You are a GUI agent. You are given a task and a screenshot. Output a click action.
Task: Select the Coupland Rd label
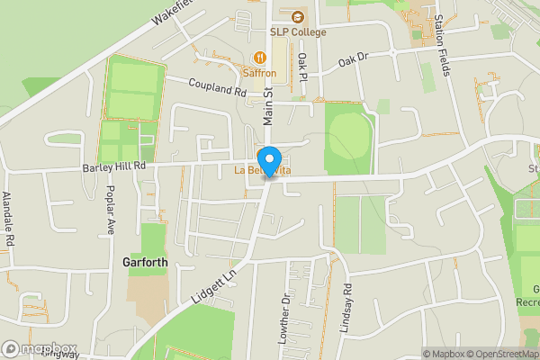217,87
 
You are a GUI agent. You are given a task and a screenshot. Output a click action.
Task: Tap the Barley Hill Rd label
114,166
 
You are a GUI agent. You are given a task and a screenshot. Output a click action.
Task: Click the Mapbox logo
40,348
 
